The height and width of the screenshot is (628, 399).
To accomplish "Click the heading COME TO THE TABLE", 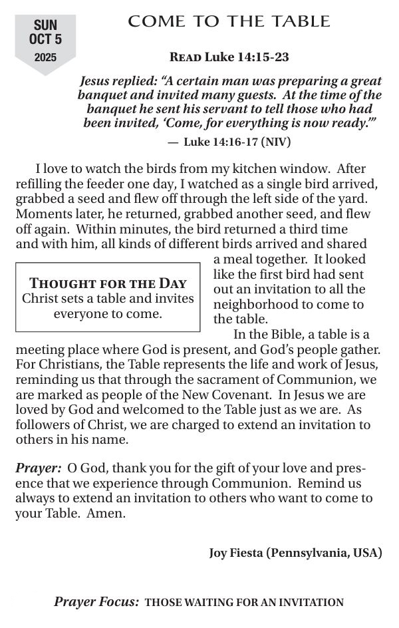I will pos(229,22).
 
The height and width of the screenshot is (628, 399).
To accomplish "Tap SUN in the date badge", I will pos(45,25).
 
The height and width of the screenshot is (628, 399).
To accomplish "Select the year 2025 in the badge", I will pos(45,58).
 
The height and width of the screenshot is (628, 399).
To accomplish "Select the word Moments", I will pos(42,214).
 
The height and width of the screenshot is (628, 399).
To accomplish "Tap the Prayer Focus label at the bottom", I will pos(96,603).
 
